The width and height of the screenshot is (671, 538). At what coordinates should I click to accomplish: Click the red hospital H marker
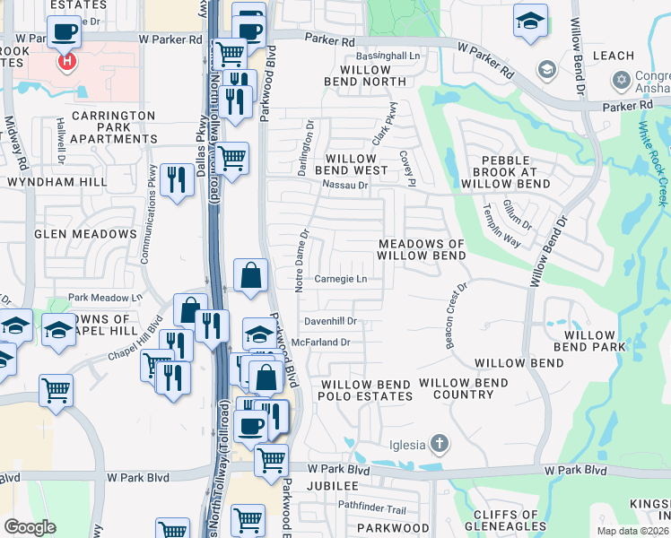click(x=66, y=62)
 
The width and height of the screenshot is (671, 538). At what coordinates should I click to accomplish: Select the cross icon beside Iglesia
click(x=439, y=443)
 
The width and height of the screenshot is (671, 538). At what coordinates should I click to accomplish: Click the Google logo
click(x=30, y=527)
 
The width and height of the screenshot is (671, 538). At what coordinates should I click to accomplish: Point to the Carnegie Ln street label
click(x=341, y=279)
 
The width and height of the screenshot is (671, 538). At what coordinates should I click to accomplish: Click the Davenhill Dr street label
click(x=330, y=320)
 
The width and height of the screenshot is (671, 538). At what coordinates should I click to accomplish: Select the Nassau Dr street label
click(x=345, y=186)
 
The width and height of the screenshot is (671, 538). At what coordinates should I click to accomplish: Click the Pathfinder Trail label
click(x=372, y=508)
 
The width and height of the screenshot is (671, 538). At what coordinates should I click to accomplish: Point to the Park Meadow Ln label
click(x=105, y=297)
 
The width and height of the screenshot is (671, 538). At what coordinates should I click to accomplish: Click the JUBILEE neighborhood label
click(x=333, y=486)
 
